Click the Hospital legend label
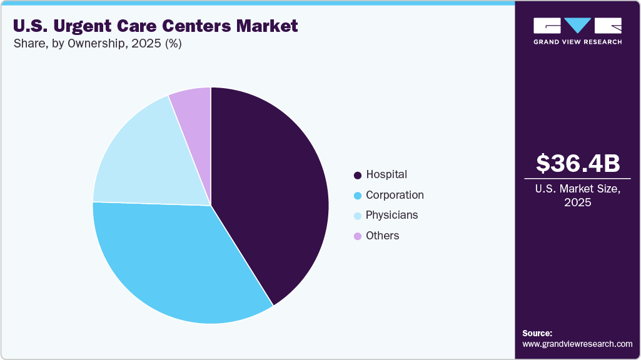pyautogui.click(x=386, y=174)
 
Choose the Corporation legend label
pyautogui.click(x=395, y=195)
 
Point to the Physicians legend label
pyautogui.click(x=392, y=215)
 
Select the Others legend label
pyautogui.click(x=382, y=236)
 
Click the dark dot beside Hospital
pyautogui.click(x=358, y=175)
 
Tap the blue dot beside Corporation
pyautogui.click(x=358, y=196)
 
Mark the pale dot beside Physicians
pyautogui.click(x=358, y=216)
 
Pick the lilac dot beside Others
pyautogui.click(x=358, y=236)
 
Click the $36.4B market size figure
pyautogui.click(x=578, y=163)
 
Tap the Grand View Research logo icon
pyautogui.click(x=578, y=26)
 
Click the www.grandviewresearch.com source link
pyautogui.click(x=577, y=344)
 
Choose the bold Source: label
pyautogui.click(x=537, y=333)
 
